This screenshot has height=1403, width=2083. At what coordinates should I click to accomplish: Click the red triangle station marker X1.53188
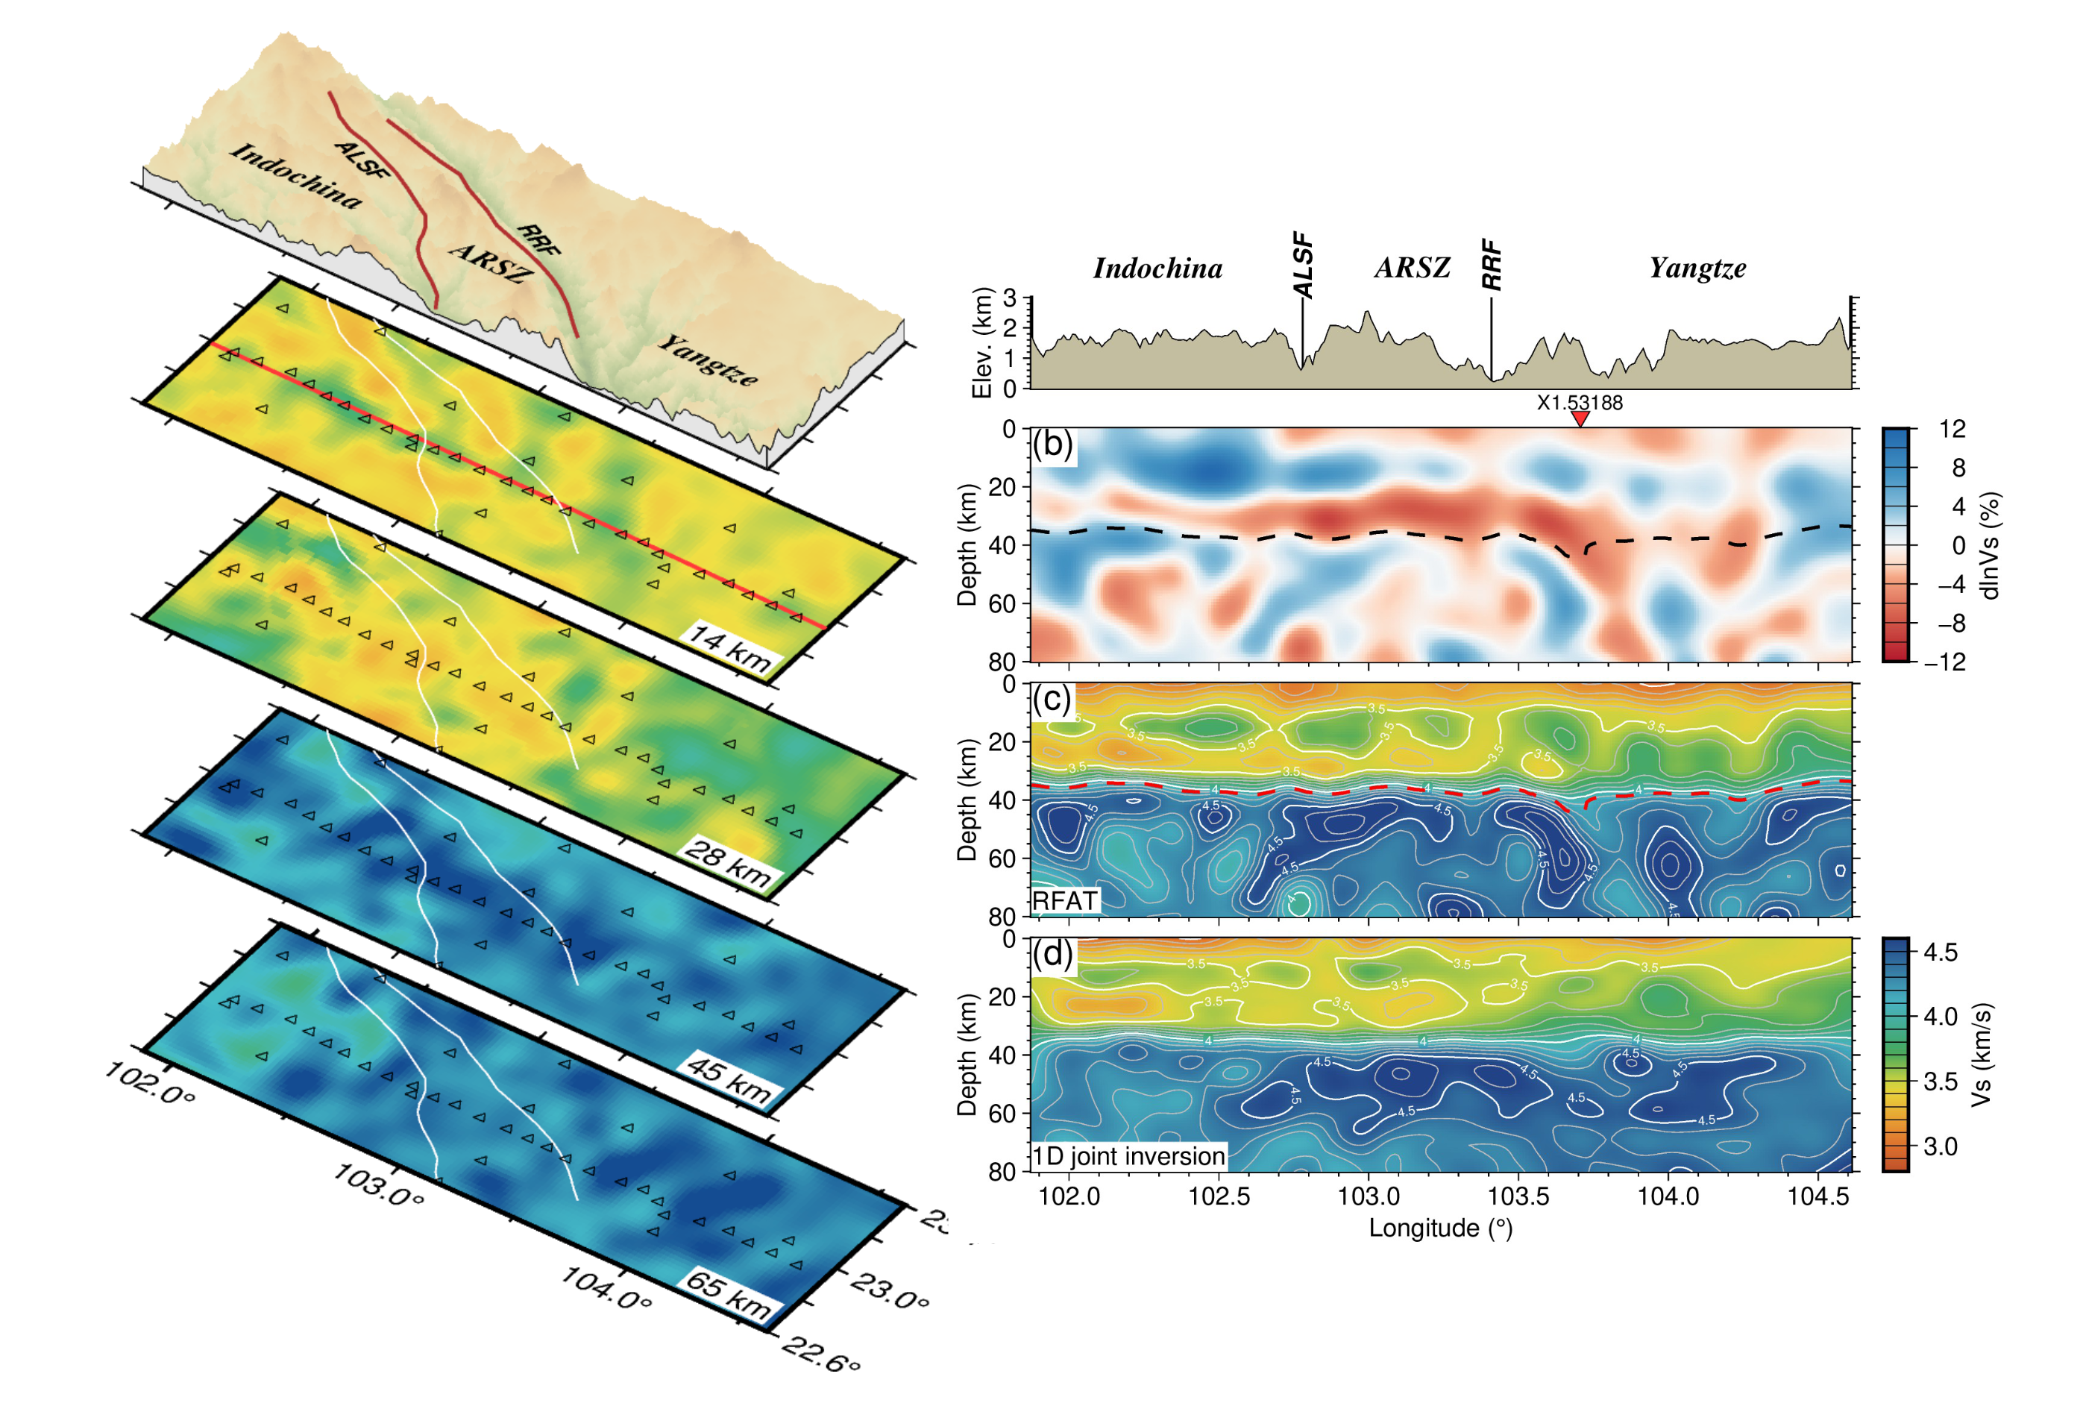[1580, 418]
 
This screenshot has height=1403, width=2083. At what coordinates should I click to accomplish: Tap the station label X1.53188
[1580, 403]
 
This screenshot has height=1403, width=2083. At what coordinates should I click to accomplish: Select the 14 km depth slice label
[729, 648]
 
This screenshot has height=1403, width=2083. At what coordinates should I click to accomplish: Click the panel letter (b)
[1053, 444]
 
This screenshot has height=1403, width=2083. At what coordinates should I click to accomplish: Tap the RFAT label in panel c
[1065, 900]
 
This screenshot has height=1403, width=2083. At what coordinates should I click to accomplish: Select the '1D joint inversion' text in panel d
[1129, 1156]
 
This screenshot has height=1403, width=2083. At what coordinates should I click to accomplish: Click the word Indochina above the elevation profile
[1157, 269]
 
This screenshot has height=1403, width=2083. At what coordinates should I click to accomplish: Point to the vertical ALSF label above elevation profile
[1304, 266]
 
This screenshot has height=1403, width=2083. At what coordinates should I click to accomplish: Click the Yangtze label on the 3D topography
[709, 359]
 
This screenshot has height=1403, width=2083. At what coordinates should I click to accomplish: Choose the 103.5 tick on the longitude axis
[1518, 1196]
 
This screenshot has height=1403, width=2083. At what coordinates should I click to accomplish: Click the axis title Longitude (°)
[1441, 1228]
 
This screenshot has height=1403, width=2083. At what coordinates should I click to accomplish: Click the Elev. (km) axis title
[982, 342]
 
